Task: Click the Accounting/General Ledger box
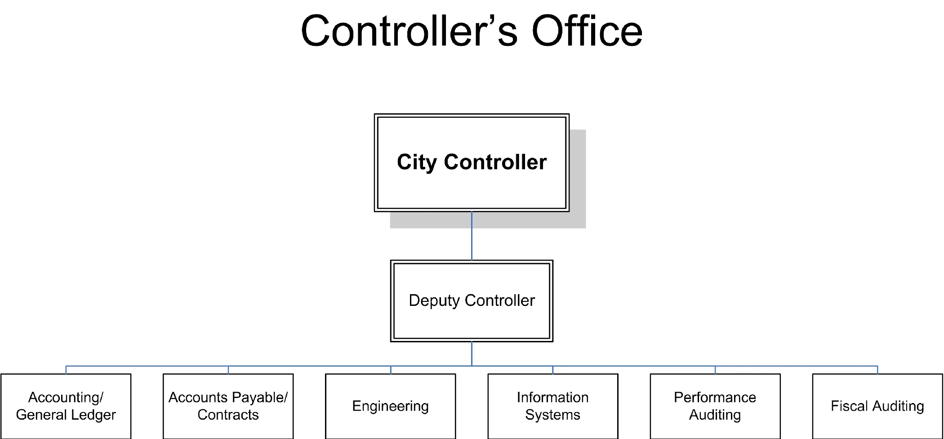pos(66,427)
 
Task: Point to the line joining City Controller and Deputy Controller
pos(472,236)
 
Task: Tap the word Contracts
pos(228,415)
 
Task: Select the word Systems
pos(552,415)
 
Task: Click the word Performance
pos(715,397)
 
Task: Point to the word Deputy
pos(434,300)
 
